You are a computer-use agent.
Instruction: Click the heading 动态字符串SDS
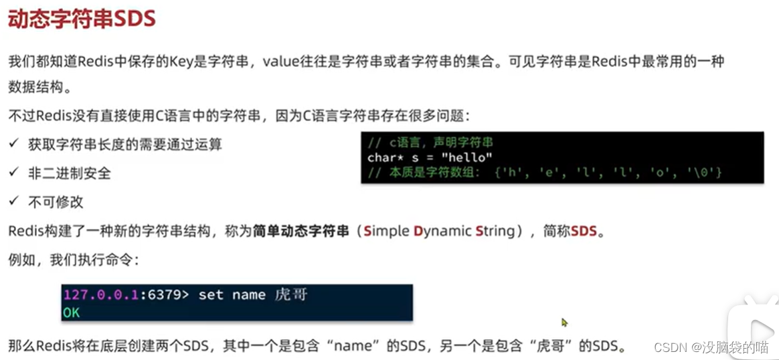pyautogui.click(x=82, y=19)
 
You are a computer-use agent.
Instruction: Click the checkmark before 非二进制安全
pyautogui.click(x=13, y=173)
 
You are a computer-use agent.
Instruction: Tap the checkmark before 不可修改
pyautogui.click(x=13, y=201)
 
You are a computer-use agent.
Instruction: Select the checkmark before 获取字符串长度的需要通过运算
pyautogui.click(x=13, y=144)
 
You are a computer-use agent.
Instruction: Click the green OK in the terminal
pyautogui.click(x=72, y=312)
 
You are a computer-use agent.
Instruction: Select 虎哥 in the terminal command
pyautogui.click(x=291, y=295)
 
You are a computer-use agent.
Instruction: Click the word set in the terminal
pyautogui.click(x=211, y=295)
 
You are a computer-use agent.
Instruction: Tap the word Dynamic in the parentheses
pyautogui.click(x=442, y=232)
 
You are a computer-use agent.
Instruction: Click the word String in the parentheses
pyautogui.click(x=496, y=232)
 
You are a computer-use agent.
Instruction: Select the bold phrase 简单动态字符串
pyautogui.click(x=301, y=232)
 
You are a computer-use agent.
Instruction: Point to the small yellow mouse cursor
pyautogui.click(x=565, y=323)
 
